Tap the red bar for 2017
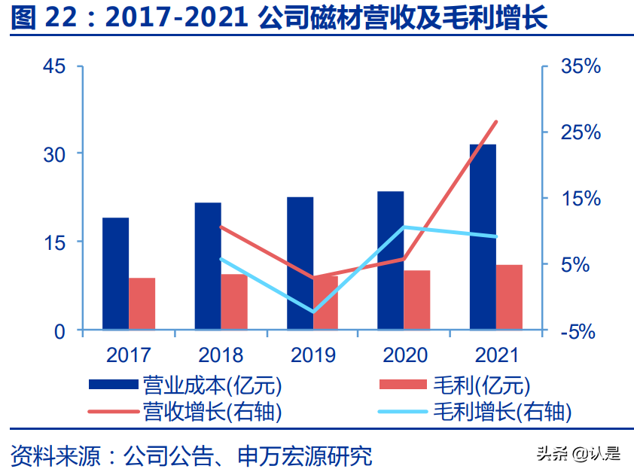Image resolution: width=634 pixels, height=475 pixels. tap(142, 303)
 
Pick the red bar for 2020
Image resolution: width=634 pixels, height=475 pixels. tap(417, 300)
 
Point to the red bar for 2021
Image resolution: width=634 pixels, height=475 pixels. tap(509, 297)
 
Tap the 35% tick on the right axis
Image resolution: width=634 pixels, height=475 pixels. tap(581, 66)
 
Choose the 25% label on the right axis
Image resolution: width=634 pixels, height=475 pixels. tap(581, 132)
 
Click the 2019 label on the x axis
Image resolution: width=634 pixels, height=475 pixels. tap(312, 355)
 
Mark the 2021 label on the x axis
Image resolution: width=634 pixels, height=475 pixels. tap(496, 355)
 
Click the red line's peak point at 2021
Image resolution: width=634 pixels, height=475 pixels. tap(496, 122)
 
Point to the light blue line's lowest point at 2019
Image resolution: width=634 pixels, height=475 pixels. tap(312, 311)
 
